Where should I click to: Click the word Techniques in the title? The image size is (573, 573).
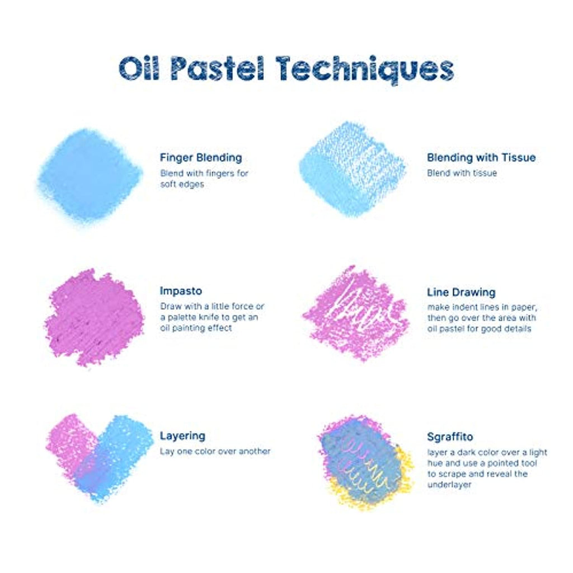click(365, 68)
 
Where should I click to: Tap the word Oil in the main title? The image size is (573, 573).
click(139, 68)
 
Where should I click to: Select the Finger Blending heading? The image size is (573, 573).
click(201, 157)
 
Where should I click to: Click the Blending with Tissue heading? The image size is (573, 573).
click(481, 157)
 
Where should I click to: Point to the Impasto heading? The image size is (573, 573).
click(181, 291)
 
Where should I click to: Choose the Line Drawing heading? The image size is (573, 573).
click(461, 292)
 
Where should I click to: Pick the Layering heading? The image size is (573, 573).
click(182, 435)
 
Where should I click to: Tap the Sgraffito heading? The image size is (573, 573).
click(450, 436)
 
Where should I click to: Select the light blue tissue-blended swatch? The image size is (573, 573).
click(353, 169)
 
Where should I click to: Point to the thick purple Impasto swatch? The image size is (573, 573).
click(94, 317)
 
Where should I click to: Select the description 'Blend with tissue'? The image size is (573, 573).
click(462, 173)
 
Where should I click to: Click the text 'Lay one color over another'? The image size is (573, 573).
click(215, 452)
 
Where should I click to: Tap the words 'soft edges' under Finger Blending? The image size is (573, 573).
click(182, 184)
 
